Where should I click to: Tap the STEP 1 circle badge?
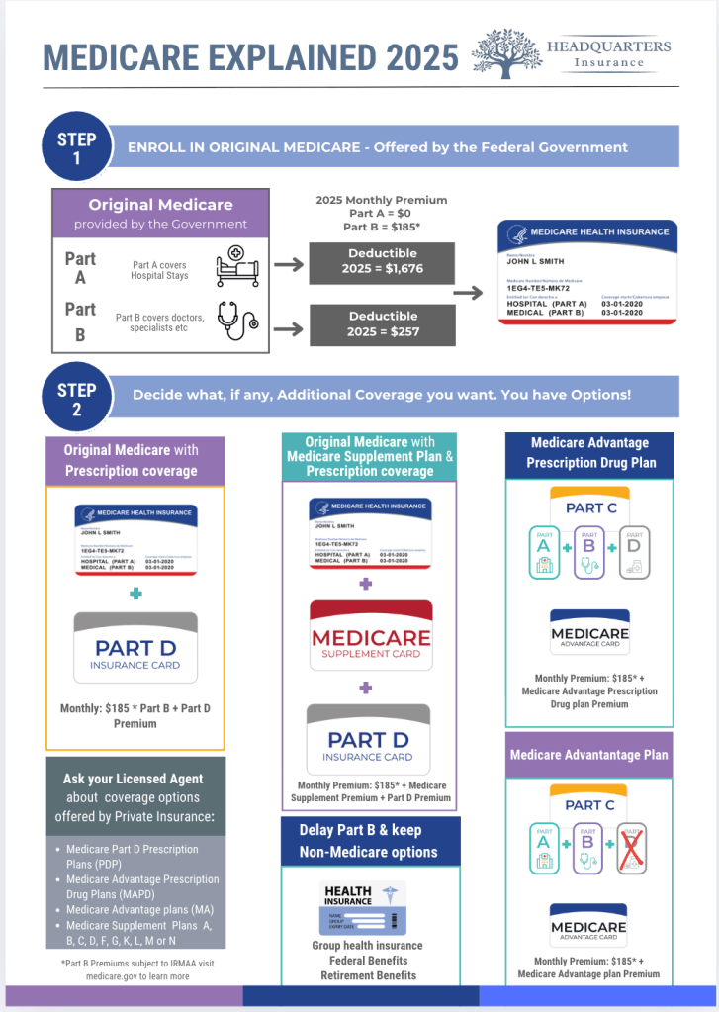[76, 147]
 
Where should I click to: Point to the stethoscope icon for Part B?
[237, 321]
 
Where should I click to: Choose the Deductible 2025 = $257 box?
[383, 322]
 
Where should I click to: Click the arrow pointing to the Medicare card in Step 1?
[473, 294]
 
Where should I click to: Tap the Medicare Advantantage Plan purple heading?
[588, 755]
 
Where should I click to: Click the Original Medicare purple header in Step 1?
[160, 213]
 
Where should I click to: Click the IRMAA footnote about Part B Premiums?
[136, 969]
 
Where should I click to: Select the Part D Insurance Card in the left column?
[135, 648]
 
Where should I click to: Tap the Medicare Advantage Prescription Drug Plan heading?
[589, 453]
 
